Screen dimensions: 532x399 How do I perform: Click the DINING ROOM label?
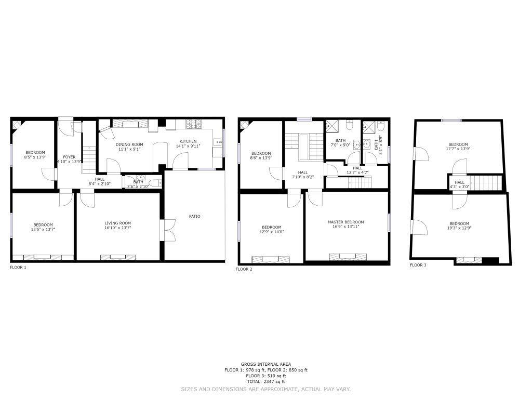[129, 144]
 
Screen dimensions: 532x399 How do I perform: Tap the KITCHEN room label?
[188, 141]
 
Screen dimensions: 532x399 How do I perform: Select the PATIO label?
[195, 216]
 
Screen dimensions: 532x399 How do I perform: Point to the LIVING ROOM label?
[118, 223]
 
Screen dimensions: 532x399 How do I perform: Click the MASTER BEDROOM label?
[345, 222]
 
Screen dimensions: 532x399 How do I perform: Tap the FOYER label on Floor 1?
[69, 157]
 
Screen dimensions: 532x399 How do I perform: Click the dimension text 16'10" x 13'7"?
[118, 228]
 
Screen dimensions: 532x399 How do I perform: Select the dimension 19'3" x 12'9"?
[459, 228]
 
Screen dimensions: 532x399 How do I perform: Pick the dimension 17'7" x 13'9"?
[458, 149]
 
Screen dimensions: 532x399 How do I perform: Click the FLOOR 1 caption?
[18, 268]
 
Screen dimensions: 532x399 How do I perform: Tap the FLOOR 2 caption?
[244, 270]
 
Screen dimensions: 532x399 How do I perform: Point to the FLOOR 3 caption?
[418, 265]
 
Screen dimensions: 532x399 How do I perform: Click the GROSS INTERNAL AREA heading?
[265, 364]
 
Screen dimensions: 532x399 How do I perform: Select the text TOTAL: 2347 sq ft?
[265, 381]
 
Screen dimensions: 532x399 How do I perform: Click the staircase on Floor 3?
[486, 182]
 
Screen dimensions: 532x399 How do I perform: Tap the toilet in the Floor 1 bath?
[155, 183]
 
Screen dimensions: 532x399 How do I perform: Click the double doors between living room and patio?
[169, 230]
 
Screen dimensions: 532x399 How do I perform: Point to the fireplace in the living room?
[118, 258]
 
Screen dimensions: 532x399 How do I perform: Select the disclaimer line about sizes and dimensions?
[265, 389]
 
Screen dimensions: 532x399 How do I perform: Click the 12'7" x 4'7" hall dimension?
[357, 172]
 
